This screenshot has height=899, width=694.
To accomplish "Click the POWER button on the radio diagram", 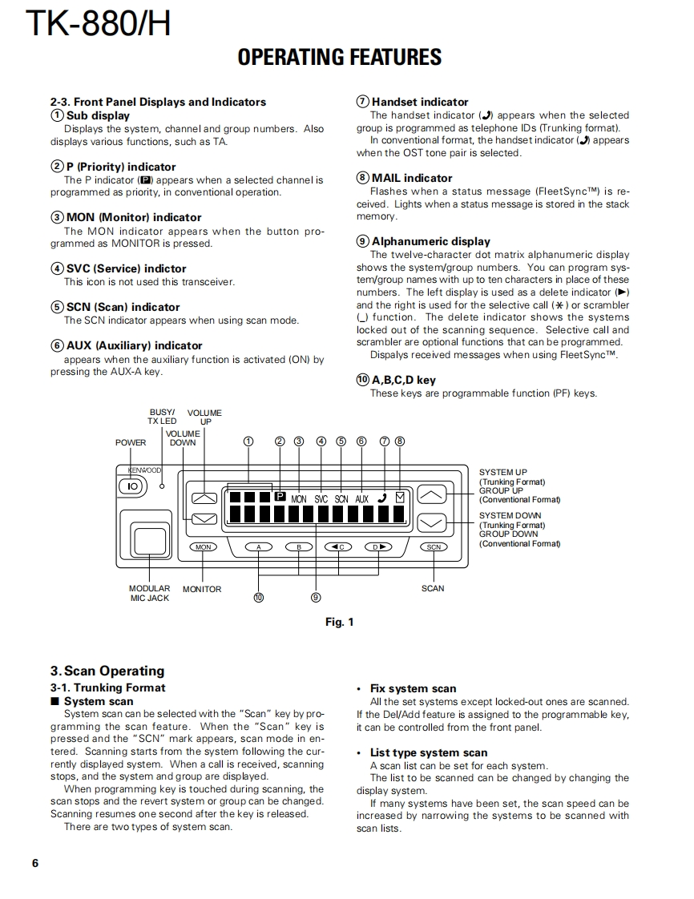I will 133,486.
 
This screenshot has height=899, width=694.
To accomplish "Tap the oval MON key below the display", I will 204,547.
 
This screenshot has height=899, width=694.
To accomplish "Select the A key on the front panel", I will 259,547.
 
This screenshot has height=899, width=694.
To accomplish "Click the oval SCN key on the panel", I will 434,547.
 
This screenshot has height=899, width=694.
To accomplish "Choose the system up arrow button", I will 433,494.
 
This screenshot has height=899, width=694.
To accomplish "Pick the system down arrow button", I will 433,522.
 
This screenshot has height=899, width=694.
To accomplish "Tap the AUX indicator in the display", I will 361,498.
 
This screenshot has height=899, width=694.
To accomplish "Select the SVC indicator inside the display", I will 321,498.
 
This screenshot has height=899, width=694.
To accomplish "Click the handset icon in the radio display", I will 382,498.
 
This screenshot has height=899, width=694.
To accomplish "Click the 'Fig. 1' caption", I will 339,622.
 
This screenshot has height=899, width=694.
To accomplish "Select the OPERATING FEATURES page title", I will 339,57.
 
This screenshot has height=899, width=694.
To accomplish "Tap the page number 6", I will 35,863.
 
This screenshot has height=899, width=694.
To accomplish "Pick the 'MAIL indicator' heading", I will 411,178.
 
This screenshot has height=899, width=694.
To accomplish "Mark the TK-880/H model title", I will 99,24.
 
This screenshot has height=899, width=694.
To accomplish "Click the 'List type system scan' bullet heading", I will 428,752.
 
